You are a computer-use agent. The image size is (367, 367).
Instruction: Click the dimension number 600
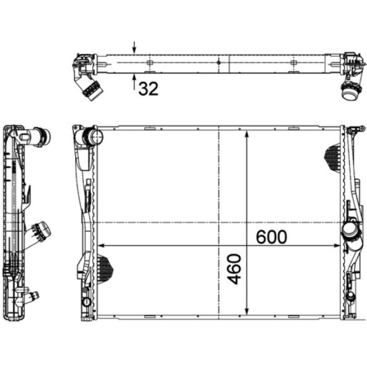click(x=271, y=237)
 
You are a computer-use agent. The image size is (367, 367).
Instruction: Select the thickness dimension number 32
click(x=148, y=89)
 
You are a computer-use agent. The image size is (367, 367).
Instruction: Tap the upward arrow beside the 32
click(x=134, y=83)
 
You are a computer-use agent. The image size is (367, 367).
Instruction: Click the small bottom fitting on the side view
click(x=32, y=298)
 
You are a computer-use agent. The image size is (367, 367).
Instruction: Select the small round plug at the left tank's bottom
click(x=86, y=302)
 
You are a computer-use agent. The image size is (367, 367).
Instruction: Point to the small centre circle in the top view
click(x=219, y=62)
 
